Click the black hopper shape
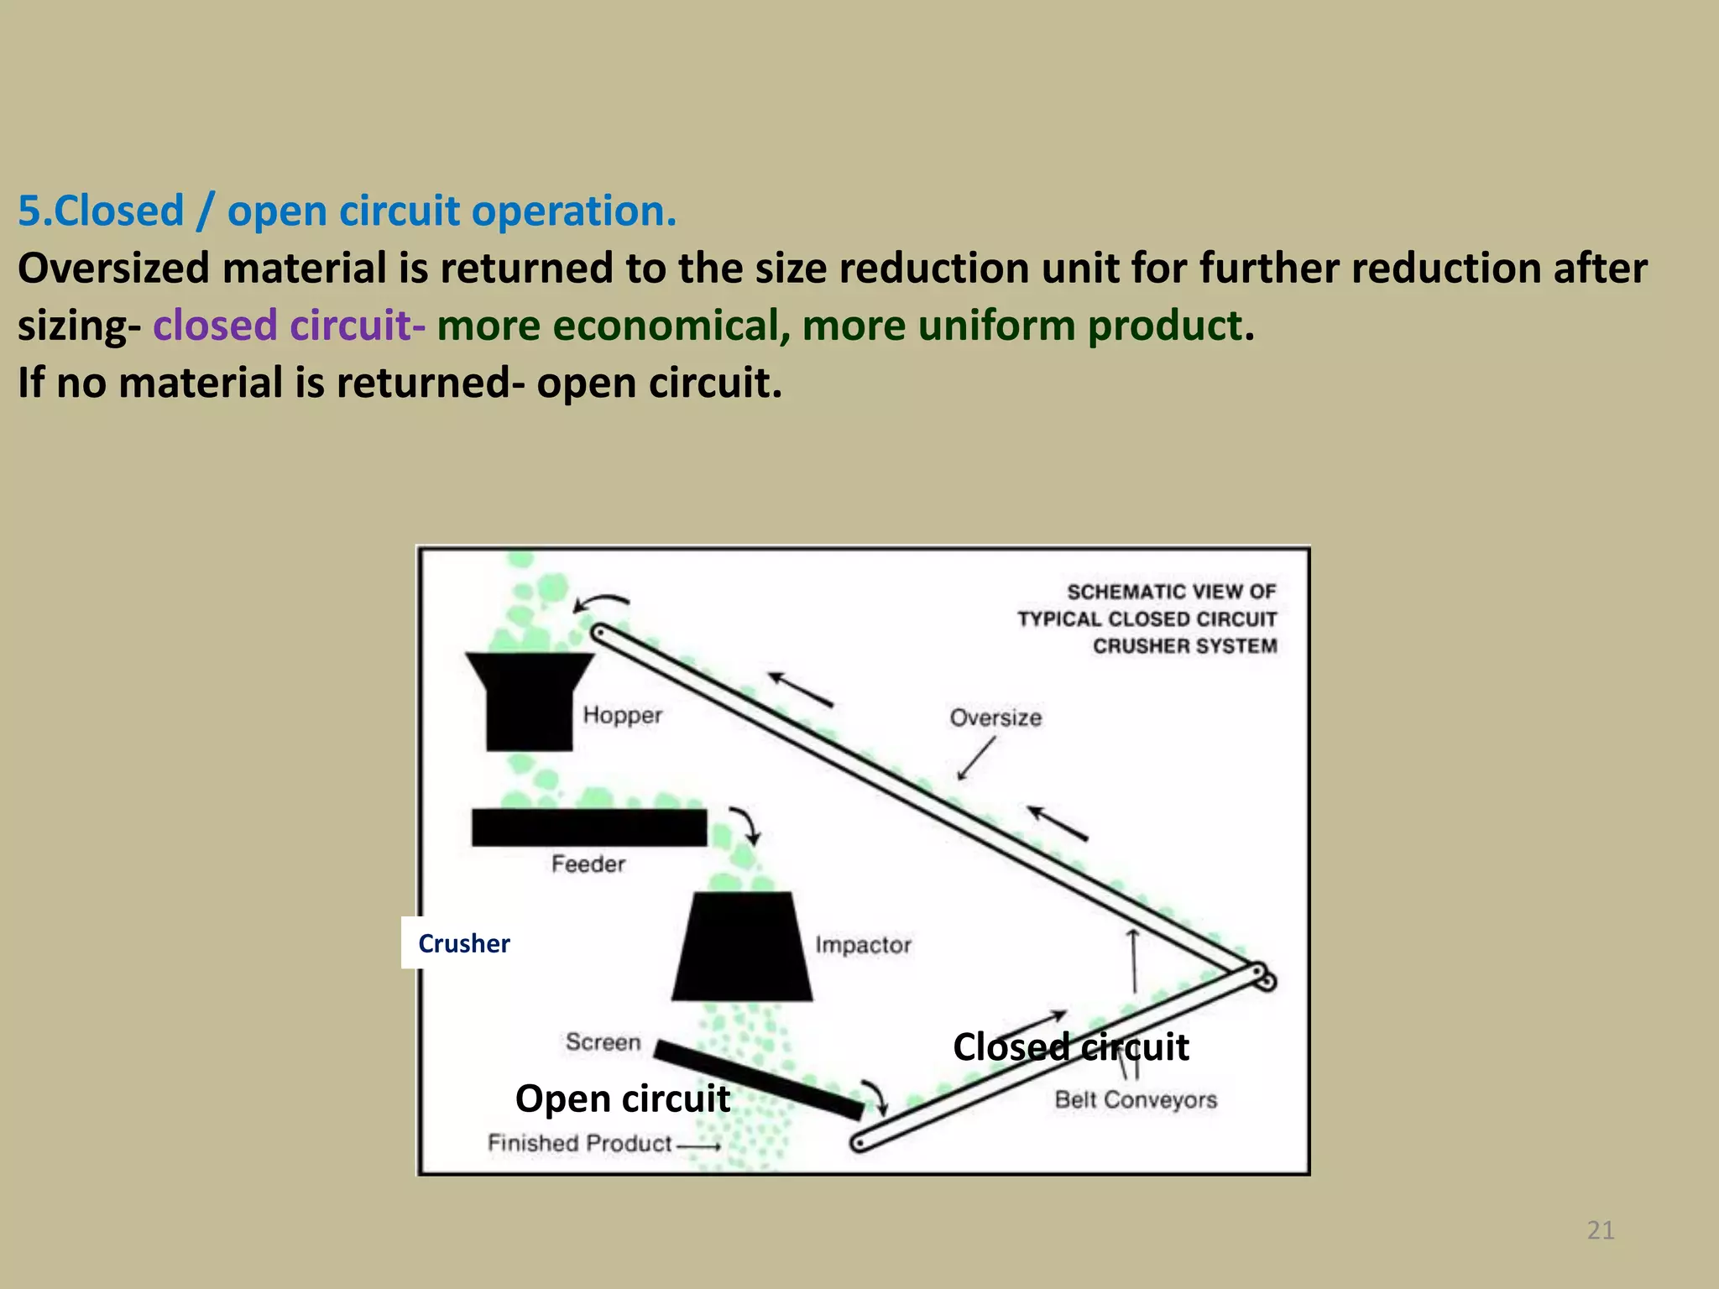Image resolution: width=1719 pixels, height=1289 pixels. pos(529,701)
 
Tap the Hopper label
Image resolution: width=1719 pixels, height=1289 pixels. pos(622,715)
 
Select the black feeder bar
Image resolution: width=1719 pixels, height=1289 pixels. pos(588,827)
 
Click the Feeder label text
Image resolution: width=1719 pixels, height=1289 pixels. pos(588,864)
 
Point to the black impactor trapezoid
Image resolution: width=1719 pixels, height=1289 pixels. pos(741,948)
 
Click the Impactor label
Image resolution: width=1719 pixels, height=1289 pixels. pos(863,945)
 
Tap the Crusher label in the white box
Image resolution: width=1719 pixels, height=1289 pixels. pos(463,943)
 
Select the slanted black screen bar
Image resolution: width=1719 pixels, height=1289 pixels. pos(757,1079)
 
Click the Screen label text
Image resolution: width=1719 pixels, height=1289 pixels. pos(603,1042)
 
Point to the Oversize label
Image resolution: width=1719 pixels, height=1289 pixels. pos(995,718)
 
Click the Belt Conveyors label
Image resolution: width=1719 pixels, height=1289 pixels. pos(1135,1099)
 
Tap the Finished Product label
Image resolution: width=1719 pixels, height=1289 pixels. pos(580,1143)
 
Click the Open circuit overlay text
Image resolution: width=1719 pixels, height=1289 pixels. pos(622,1099)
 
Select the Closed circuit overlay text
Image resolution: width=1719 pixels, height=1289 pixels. pos(1070,1047)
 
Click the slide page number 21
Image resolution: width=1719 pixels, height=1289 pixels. pos(1600,1230)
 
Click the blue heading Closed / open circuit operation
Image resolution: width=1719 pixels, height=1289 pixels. pos(347,211)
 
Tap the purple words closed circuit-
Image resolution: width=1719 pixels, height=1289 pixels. pos(289,326)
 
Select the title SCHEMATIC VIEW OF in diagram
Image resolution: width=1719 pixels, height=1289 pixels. pos(1171,592)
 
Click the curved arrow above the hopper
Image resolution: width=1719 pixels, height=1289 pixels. pos(601,603)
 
